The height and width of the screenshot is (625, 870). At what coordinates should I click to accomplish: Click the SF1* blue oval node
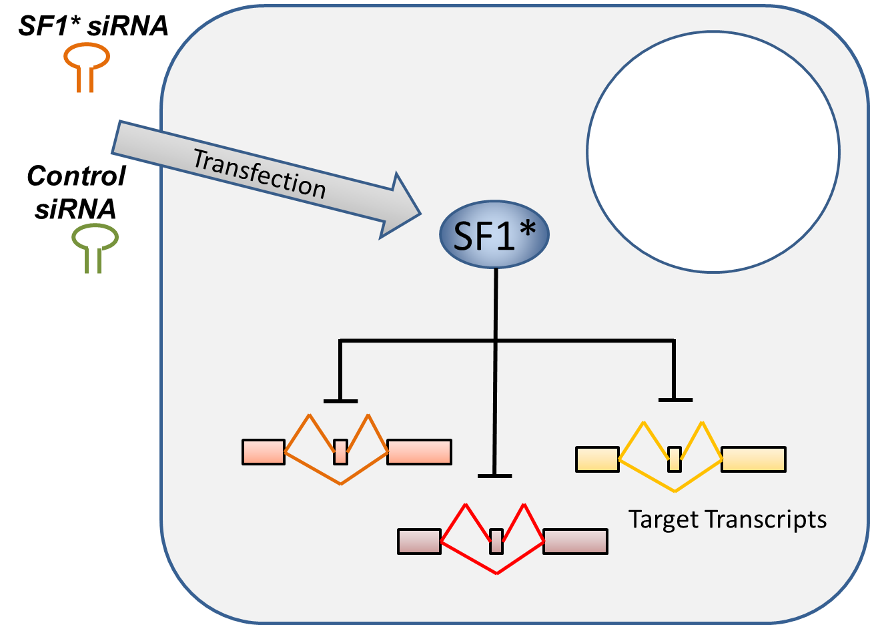pyautogui.click(x=494, y=234)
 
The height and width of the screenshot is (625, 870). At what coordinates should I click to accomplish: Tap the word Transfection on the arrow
pyautogui.click(x=259, y=174)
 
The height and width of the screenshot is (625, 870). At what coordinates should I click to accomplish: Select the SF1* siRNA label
pyautogui.click(x=93, y=25)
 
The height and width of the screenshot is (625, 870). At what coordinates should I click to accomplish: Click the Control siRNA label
pyautogui.click(x=76, y=192)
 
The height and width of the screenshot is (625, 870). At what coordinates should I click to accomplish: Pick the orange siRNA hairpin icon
pyautogui.click(x=87, y=67)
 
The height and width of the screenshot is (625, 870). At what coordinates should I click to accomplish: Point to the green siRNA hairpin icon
pyautogui.click(x=95, y=250)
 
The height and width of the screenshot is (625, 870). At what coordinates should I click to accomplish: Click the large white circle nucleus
pyautogui.click(x=713, y=152)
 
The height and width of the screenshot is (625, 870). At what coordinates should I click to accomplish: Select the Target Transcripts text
pyautogui.click(x=727, y=519)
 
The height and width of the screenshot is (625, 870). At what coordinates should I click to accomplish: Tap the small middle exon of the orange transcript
pyautogui.click(x=340, y=452)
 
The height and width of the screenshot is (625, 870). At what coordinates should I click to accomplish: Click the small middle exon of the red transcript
pyautogui.click(x=496, y=541)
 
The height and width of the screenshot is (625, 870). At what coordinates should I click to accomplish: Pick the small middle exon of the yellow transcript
pyautogui.click(x=675, y=459)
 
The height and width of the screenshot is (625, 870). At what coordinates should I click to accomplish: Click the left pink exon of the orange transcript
pyautogui.click(x=264, y=452)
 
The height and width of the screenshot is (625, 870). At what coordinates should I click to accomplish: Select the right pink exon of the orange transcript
pyautogui.click(x=419, y=452)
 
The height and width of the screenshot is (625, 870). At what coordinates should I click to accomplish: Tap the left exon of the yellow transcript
pyautogui.click(x=597, y=459)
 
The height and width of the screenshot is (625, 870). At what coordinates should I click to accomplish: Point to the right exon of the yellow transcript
pyautogui.click(x=753, y=459)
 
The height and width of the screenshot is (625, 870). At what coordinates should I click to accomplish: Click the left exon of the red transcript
pyautogui.click(x=419, y=541)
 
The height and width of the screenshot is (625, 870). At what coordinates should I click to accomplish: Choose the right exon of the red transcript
pyautogui.click(x=575, y=541)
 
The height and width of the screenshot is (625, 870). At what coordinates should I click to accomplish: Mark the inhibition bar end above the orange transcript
pyautogui.click(x=340, y=401)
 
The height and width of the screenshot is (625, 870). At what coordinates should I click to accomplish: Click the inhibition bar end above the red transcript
pyautogui.click(x=494, y=476)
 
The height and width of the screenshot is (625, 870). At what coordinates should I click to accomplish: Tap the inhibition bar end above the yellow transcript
pyautogui.click(x=675, y=400)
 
